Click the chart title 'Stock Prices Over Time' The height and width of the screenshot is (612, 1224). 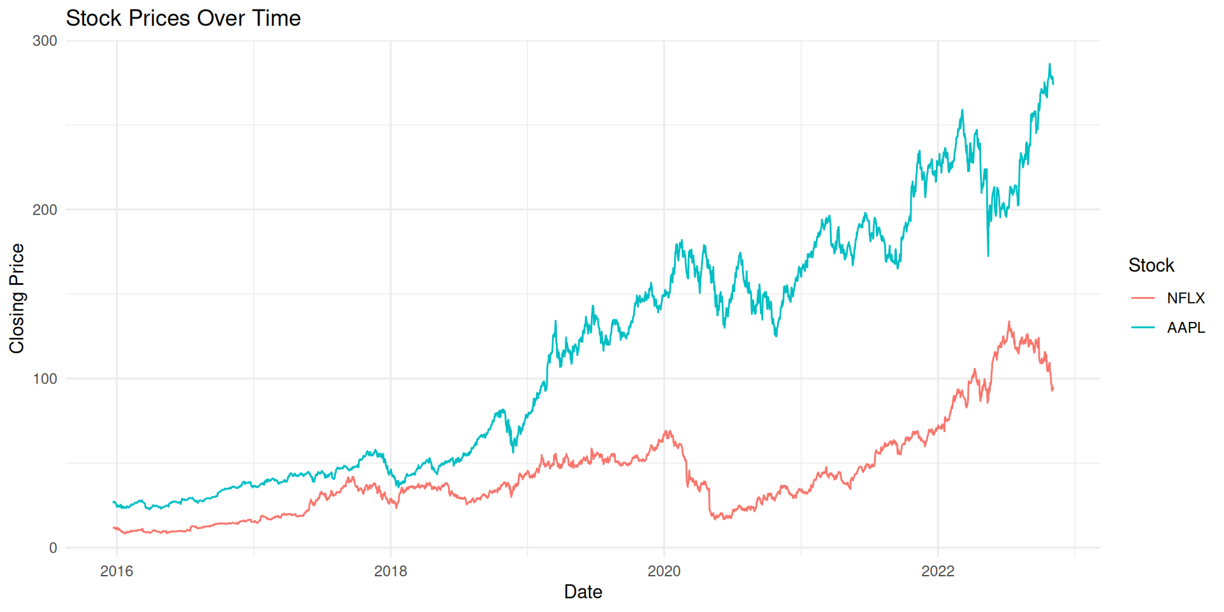point(183,18)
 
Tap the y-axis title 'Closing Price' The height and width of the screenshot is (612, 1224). point(17,298)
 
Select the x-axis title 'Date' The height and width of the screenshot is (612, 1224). point(583,592)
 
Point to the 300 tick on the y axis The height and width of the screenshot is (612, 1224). point(45,41)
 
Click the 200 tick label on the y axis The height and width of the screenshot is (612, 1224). point(45,210)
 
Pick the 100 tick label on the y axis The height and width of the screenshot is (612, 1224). point(45,379)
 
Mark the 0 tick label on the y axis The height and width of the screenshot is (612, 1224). point(53,548)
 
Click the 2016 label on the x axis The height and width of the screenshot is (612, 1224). point(117,571)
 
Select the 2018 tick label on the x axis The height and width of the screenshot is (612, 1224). point(390,571)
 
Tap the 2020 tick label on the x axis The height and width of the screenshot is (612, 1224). point(664,571)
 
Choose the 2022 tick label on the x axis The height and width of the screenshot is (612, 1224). point(938,571)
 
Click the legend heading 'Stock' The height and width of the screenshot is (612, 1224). point(1151,265)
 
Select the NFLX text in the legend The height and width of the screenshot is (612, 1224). point(1186,298)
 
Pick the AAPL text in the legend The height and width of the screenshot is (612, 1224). point(1186,328)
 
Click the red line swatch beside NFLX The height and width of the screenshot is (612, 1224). point(1143,298)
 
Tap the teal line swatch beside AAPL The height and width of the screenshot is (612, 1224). point(1143,328)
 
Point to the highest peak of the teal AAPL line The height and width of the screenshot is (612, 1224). point(1049,64)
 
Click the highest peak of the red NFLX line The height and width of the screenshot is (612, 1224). point(1009,322)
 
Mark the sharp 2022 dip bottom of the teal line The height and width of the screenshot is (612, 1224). point(988,256)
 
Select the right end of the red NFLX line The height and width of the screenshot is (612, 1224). point(1053,389)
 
